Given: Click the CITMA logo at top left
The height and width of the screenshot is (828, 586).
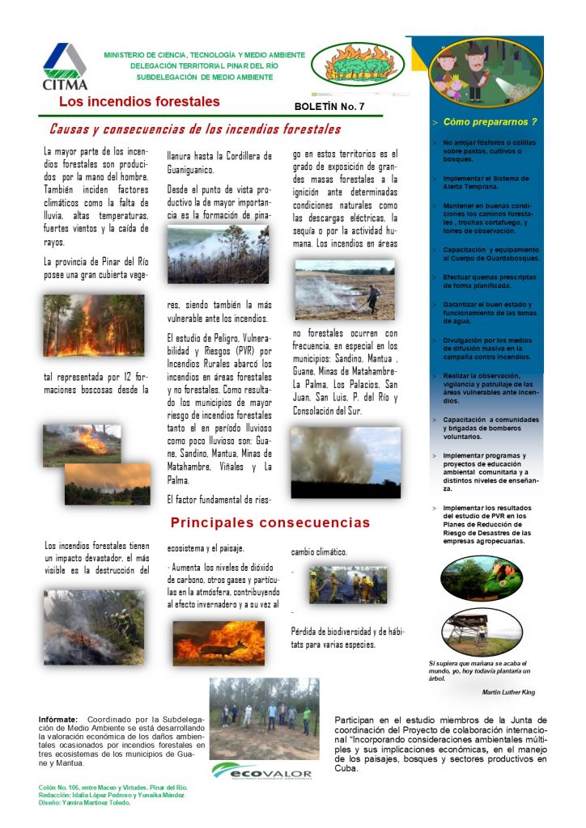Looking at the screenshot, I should [x=65, y=66].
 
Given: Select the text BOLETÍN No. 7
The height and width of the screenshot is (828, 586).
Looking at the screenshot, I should [x=329, y=107].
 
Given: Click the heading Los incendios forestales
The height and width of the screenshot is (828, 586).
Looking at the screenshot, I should [x=139, y=102].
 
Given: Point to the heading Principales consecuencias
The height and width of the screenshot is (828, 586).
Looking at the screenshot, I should [x=270, y=523].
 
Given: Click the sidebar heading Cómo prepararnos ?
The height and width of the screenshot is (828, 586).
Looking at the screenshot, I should [x=490, y=122].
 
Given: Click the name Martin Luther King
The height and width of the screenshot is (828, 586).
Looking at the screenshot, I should [x=507, y=692].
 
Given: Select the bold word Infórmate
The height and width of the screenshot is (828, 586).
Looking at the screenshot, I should [x=58, y=719].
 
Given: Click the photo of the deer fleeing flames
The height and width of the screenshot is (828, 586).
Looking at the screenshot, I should [x=219, y=643].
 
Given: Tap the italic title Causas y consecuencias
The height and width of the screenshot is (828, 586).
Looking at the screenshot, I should [x=195, y=129].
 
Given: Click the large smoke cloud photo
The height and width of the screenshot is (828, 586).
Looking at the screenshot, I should [x=346, y=463].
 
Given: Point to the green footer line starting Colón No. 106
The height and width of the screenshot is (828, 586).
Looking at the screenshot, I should [x=113, y=786].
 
